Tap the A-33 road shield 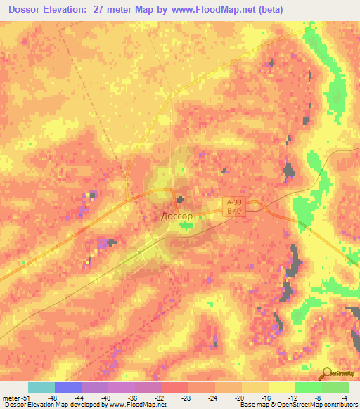pos(234,202)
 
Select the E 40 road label pos(234,211)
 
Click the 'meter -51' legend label pos(15,397)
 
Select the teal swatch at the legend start pos(41,387)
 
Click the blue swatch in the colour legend pos(68,387)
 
